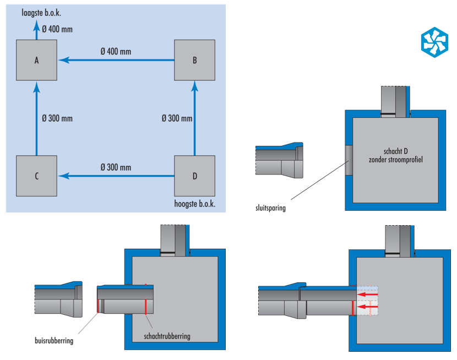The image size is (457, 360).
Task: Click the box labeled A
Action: [x=36, y=61]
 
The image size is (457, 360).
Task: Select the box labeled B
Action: [x=194, y=61]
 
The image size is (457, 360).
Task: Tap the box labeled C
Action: [x=36, y=176]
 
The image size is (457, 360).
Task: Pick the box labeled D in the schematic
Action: [x=194, y=176]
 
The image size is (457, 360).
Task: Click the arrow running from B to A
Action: [x=116, y=61]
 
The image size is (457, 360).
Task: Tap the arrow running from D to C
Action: [x=116, y=176]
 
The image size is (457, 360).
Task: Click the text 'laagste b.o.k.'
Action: [x=41, y=12]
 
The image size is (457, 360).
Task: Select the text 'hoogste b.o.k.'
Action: [x=194, y=204]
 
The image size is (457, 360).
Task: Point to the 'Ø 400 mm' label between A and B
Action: [x=116, y=51]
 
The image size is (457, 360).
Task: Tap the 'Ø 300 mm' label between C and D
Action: [x=116, y=167]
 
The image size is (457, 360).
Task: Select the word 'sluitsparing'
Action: [x=269, y=208]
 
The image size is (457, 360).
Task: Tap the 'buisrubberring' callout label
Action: [x=53, y=341]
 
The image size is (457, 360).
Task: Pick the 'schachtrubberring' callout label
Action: [x=166, y=336]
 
